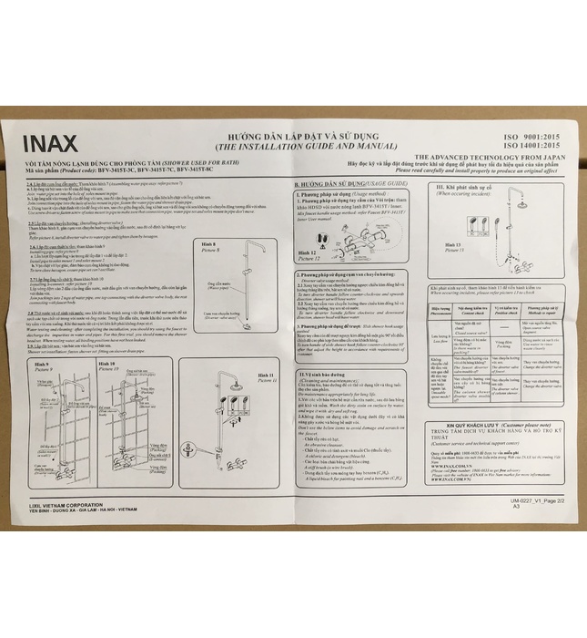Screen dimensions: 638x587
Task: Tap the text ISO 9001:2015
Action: click(529, 133)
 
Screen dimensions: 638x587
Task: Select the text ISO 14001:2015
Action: click(528, 144)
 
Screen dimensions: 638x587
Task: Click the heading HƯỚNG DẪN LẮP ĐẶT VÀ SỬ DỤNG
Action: click(303, 134)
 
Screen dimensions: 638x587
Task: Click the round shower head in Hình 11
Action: click(236, 386)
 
